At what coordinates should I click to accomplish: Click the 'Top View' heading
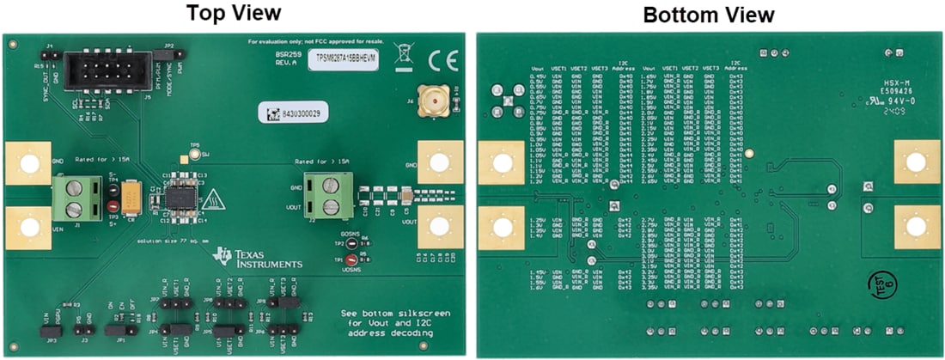[x=235, y=14]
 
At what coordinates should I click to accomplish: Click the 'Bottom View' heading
[x=708, y=15]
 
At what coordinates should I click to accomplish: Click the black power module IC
[x=180, y=197]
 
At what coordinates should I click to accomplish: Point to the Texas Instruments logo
[x=258, y=257]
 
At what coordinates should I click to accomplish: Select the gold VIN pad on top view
[x=29, y=228]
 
